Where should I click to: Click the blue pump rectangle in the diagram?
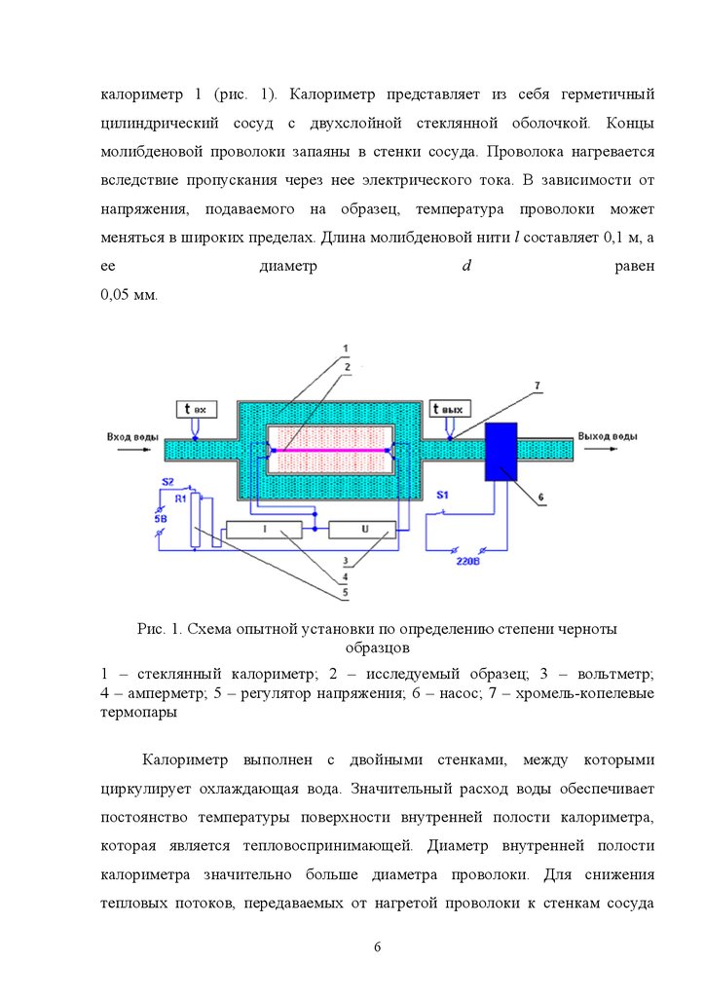tap(501, 452)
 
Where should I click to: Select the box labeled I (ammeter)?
tap(265, 529)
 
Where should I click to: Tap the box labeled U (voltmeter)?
tap(363, 529)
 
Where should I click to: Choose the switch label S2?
tap(167, 482)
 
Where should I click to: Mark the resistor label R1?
tap(180, 498)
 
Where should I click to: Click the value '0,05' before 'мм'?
tap(118, 294)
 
